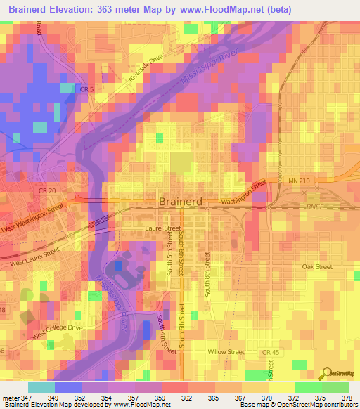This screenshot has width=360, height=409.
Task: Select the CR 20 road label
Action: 47,191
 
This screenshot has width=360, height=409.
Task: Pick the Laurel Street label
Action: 163,229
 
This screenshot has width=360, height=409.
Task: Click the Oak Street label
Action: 316,267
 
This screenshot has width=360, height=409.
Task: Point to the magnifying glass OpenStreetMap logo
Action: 326,372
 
